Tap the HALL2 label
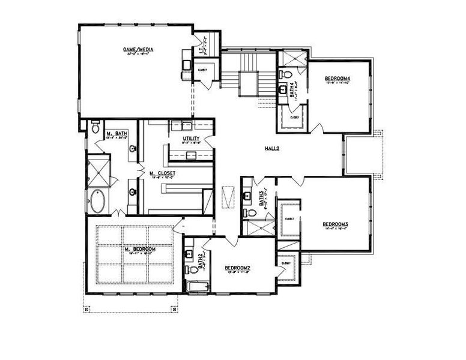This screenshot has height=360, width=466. [x=272, y=148]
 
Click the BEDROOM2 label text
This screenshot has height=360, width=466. [x=237, y=268]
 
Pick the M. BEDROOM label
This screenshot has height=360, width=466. [x=140, y=249]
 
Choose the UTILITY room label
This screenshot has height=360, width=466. [x=192, y=139]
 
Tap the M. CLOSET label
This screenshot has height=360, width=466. [x=162, y=173]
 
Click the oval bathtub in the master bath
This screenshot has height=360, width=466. [x=97, y=202]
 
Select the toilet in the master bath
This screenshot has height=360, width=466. [x=95, y=128]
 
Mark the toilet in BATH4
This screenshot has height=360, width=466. [x=283, y=77]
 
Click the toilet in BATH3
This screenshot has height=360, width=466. [x=247, y=212]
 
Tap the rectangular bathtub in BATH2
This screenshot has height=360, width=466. [x=195, y=286]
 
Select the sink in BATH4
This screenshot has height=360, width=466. [x=283, y=92]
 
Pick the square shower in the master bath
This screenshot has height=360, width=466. [x=97, y=170]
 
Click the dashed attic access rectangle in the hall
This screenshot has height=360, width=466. [x=227, y=196]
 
